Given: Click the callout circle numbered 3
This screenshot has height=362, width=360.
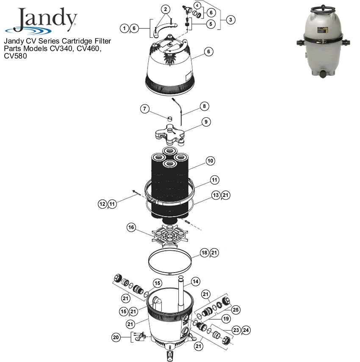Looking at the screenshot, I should (230, 19).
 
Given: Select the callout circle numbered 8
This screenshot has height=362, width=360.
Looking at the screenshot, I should (205, 106).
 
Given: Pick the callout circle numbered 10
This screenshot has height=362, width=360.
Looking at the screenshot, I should (210, 161).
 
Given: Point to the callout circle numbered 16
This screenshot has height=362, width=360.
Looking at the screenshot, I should (131, 228).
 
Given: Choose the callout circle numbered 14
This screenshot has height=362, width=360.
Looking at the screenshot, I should (195, 281).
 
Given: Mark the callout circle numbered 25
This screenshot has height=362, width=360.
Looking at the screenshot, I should (235, 310).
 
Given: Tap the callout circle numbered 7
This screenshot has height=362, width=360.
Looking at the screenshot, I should (145, 109).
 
